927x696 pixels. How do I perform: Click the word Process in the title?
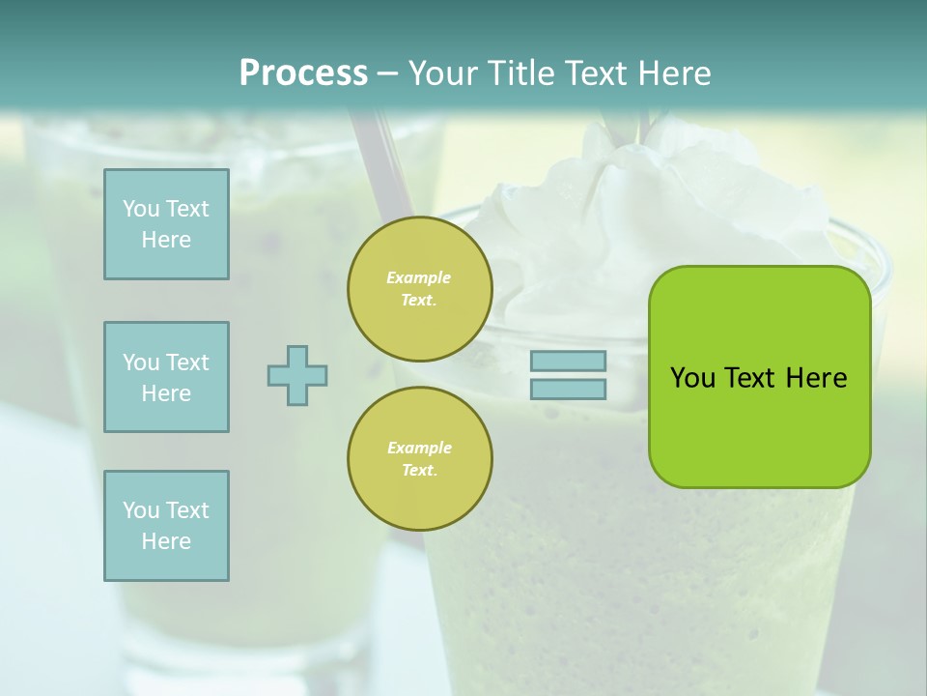pos(303,73)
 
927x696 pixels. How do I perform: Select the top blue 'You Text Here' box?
pos(166,224)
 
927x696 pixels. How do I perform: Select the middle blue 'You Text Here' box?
pos(166,377)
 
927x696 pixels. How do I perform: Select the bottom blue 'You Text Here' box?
pos(166,526)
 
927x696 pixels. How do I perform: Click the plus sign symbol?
pos(297,375)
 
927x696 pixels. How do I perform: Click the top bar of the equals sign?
pos(568,362)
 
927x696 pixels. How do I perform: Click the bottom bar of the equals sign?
pos(568,389)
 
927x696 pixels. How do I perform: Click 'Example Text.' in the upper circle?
pos(419,289)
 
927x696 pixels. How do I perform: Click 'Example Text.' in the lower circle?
pos(419,459)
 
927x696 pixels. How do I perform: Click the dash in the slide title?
pos(387,73)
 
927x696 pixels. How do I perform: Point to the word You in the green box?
pos(692,378)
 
